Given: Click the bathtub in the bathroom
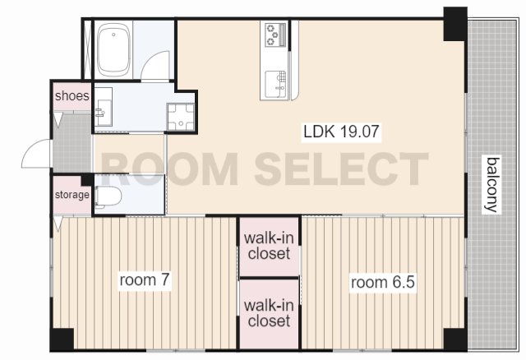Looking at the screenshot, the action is coord(113,49).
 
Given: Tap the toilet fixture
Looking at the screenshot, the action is coord(108,196).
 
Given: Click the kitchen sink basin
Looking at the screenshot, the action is coord(275,84).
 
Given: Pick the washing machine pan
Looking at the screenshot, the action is coord(181,117).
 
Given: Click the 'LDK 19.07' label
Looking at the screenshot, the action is coord(341,132).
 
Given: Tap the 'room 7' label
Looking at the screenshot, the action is coord(145,279).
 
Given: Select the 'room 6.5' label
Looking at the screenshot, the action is coord(383,282).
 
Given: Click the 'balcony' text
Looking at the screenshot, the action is coord(492,184).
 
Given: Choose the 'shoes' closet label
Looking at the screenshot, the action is coord(72,96).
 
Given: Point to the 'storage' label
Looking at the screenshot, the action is coord(72,195).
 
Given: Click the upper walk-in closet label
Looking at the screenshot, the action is coord(269,246).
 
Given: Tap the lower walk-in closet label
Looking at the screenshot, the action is coord(269,312).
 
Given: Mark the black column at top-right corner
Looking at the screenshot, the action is coord(455,24).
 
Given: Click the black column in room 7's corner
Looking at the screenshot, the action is coord(62,339).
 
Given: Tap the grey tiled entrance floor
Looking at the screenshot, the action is coord(72,143).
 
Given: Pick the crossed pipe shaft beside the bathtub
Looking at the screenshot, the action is coord(87,49).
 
